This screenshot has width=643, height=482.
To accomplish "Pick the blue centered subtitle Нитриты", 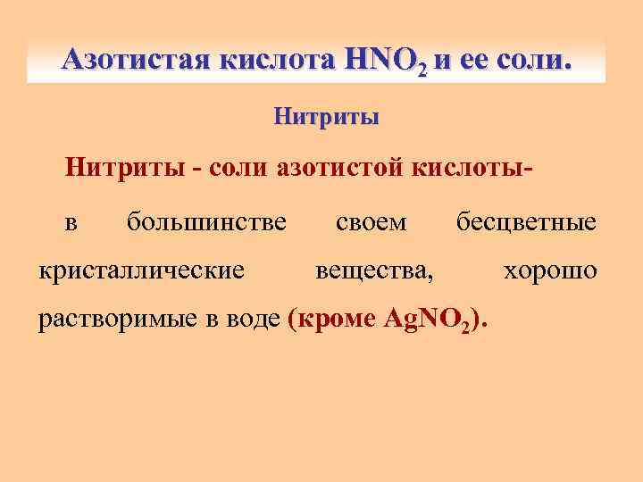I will click(326, 116).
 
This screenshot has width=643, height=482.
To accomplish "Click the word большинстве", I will click(206, 220).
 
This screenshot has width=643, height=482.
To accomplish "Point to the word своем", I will click(371, 220).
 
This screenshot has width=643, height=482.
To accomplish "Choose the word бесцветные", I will click(526, 220).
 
